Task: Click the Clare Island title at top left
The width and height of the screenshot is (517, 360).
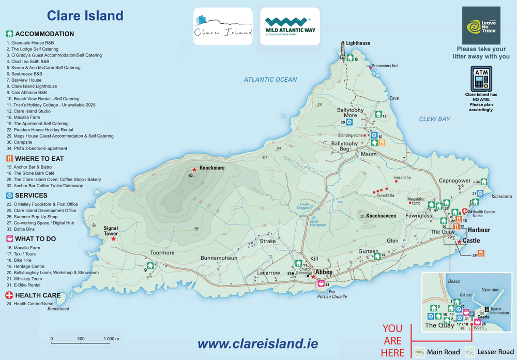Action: point(85,16)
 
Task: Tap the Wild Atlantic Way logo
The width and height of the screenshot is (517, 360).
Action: point(290,26)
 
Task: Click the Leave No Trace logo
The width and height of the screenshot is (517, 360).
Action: point(481,26)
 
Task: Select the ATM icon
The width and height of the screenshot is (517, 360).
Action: point(481,79)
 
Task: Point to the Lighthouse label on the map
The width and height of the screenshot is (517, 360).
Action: point(358,43)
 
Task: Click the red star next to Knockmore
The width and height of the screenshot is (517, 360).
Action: point(194,169)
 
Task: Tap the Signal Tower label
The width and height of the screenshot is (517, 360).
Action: point(111,231)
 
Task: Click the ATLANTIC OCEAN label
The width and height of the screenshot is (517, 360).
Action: point(270,79)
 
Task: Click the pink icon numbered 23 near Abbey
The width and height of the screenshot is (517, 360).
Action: point(321,283)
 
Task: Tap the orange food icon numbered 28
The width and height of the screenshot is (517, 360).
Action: point(481,253)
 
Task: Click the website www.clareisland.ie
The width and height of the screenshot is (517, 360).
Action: point(257,343)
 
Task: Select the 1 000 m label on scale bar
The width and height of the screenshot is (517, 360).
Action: point(111,339)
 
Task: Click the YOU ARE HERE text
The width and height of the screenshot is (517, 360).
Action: point(392,340)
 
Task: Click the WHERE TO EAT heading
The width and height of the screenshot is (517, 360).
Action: point(39,158)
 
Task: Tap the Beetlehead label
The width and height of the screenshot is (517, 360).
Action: point(58,309)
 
